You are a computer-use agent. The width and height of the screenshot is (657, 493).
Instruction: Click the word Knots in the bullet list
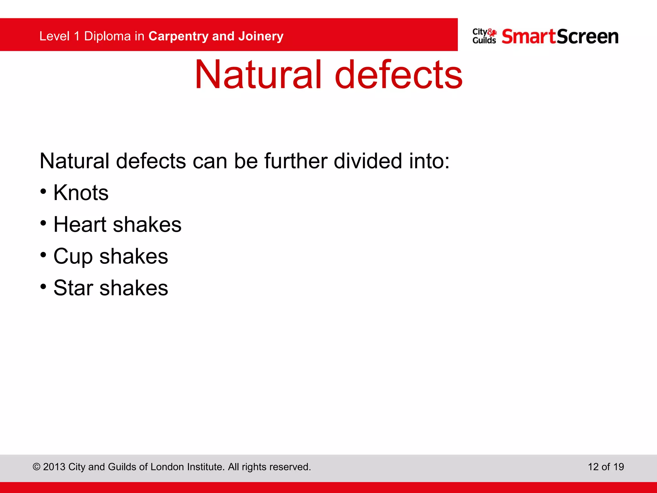click(81, 193)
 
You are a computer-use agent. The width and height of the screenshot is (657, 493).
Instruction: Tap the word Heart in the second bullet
click(80, 224)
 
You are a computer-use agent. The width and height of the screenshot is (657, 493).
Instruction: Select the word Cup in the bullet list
click(73, 256)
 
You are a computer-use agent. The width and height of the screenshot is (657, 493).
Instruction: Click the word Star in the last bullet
click(73, 288)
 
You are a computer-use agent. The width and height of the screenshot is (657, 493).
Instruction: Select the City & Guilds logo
click(484, 36)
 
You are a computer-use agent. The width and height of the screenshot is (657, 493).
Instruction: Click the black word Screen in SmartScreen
click(588, 36)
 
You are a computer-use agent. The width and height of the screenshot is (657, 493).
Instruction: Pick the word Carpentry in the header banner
click(178, 36)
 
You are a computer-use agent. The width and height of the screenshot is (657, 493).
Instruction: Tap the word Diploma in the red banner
click(107, 36)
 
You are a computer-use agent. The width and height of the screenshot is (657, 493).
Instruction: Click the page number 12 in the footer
click(593, 467)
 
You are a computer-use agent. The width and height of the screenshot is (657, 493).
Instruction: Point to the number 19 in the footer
click(619, 467)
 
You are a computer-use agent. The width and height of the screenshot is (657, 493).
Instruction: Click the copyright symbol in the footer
click(37, 467)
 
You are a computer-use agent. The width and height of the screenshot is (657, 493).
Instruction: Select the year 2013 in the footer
click(54, 467)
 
